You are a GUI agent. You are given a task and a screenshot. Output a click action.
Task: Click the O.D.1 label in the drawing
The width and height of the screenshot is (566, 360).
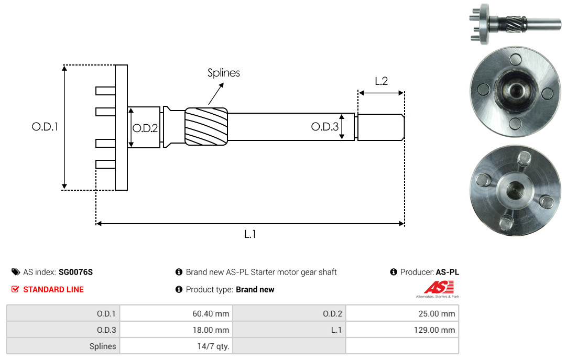tap(45, 127)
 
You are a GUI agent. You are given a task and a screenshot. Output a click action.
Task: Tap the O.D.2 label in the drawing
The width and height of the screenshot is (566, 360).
tap(145, 128)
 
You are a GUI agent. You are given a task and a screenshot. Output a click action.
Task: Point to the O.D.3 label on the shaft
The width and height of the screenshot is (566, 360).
tap(325, 126)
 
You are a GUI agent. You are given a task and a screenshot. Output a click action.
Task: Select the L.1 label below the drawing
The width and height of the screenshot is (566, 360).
tap(250, 234)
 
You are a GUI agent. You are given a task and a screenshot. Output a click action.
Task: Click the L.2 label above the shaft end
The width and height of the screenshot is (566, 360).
tap(381, 81)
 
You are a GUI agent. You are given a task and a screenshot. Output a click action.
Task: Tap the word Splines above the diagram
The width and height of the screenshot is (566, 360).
tap(223, 73)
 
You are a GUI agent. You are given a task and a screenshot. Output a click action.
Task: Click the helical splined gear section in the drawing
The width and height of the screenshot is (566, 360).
tap(206, 126)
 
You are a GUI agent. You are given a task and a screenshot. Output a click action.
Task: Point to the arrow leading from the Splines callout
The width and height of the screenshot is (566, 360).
tap(216, 94)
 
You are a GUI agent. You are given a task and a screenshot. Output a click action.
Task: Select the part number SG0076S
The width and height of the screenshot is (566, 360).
tap(76, 272)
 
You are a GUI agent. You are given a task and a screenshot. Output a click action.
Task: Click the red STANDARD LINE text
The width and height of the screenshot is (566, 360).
tap(53, 289)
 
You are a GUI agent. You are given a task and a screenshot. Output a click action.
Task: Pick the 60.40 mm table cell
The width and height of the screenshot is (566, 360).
tap(176, 313)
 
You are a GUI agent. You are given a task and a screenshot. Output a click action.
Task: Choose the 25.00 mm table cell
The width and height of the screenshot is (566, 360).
tap(402, 313)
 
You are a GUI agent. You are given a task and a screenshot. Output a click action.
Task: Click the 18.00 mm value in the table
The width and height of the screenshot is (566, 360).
tap(211, 330)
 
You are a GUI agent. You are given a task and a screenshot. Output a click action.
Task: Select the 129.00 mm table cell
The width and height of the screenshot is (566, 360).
tap(402, 330)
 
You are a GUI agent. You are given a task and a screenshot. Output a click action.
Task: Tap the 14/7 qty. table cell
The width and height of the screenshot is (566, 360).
tap(176, 346)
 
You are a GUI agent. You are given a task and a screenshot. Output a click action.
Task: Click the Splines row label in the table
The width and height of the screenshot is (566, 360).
tap(103, 346)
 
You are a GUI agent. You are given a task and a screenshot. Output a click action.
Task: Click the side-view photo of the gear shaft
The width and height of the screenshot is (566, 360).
tap(516, 24)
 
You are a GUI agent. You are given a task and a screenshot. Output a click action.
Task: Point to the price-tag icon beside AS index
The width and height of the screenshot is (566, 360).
tap(16, 272)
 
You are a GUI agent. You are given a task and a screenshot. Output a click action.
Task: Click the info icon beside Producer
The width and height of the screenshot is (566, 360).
tap(394, 272)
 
